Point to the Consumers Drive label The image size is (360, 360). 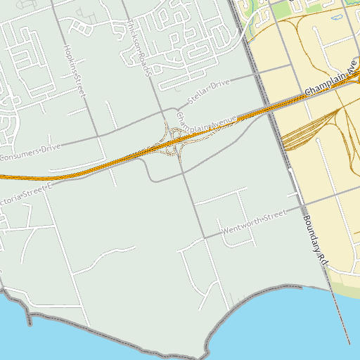32,152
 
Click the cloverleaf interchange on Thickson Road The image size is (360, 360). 174,140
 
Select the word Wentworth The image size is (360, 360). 242,226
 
